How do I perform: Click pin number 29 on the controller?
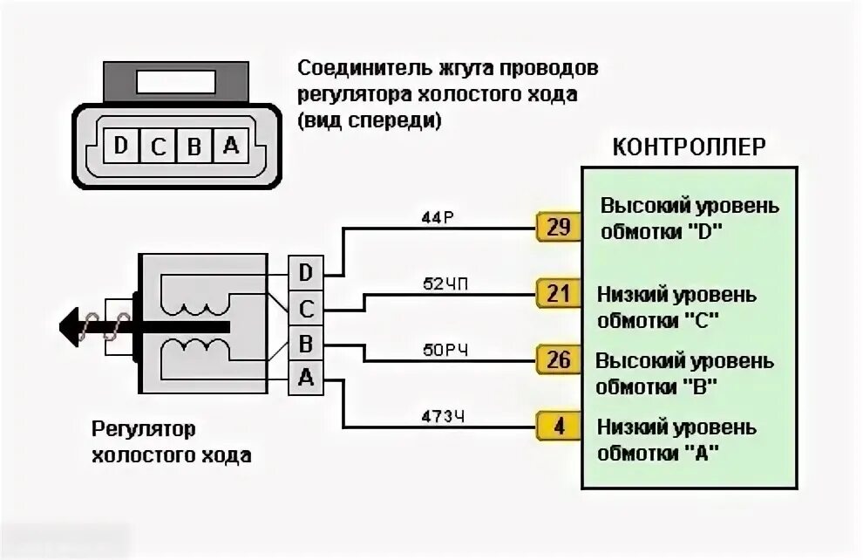[x=558, y=229]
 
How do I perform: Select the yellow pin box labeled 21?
[x=558, y=292]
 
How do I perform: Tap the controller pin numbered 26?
[x=558, y=359]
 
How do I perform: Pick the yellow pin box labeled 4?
[x=558, y=427]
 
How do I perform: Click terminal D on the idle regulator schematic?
[x=305, y=273]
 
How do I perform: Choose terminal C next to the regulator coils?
[x=305, y=308]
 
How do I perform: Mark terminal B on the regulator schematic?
[x=305, y=343]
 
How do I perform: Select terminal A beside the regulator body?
[x=305, y=377]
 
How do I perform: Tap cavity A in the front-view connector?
[x=231, y=146]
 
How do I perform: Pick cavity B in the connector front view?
[x=194, y=146]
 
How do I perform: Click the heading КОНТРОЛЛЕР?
[x=690, y=146]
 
